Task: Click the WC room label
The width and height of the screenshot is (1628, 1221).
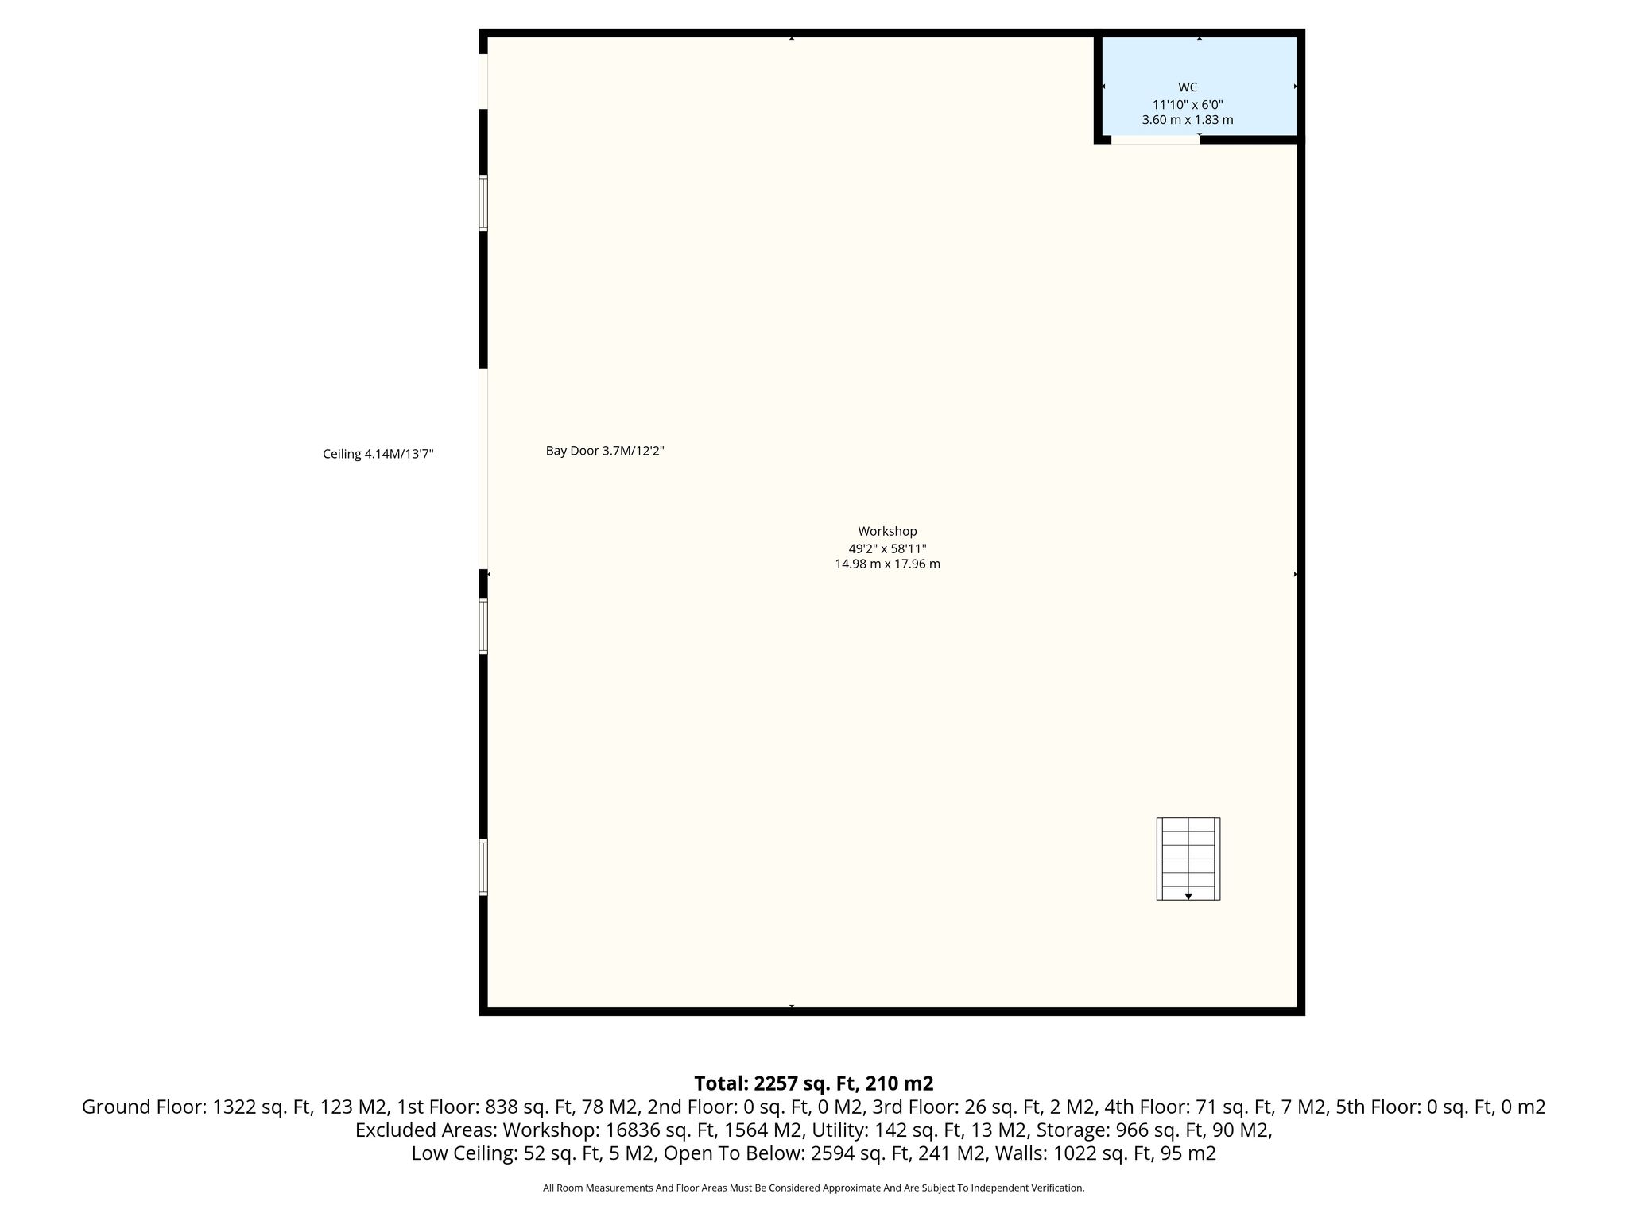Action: (x=1188, y=87)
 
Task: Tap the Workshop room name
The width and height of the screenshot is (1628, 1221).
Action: (x=887, y=531)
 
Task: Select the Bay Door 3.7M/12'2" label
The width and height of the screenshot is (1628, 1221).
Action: (x=605, y=451)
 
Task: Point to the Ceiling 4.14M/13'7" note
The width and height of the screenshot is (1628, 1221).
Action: (x=378, y=455)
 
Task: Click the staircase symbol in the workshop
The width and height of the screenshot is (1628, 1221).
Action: (x=1188, y=859)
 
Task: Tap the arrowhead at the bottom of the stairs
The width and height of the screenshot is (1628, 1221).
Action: (x=1188, y=897)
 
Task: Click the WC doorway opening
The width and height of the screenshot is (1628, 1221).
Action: (x=1155, y=140)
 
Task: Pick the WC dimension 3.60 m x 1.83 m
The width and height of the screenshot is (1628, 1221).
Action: (x=1188, y=120)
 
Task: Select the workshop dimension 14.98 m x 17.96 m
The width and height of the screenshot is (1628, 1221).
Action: (x=887, y=564)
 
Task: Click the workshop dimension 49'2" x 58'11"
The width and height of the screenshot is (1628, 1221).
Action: (x=887, y=548)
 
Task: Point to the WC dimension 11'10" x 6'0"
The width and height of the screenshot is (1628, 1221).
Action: (x=1188, y=104)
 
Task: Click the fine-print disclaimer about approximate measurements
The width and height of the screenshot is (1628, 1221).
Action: (x=813, y=1188)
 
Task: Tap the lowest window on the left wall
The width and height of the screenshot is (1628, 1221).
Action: (x=483, y=867)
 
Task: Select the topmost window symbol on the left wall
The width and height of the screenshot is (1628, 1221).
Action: (x=483, y=203)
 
